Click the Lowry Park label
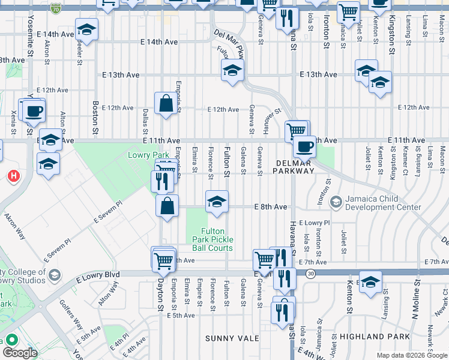click(x=145, y=155)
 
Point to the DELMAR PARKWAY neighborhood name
click(x=295, y=166)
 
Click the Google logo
click(x=20, y=353)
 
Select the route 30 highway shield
click(x=310, y=274)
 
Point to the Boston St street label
click(x=95, y=115)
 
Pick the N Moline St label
click(x=416, y=298)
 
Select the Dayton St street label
click(x=160, y=292)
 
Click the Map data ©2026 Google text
click(x=411, y=355)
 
